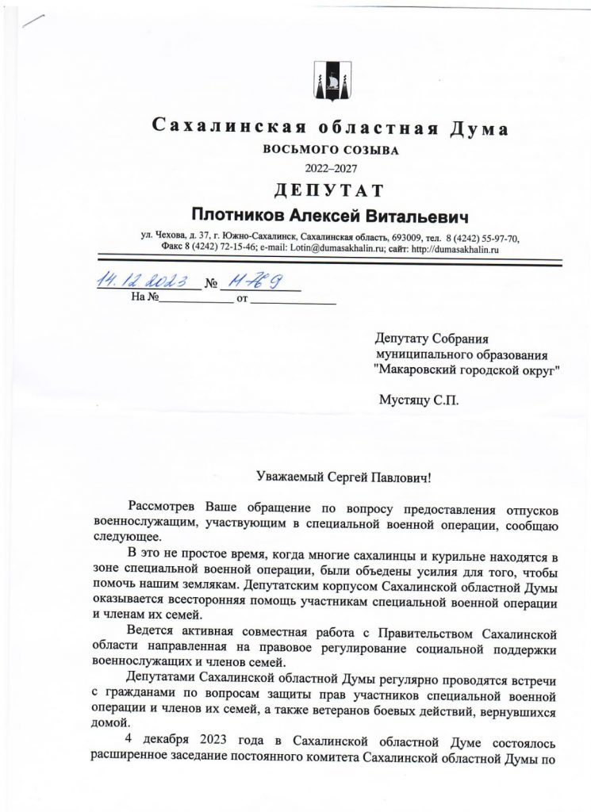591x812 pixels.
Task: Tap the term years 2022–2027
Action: pyautogui.click(x=328, y=167)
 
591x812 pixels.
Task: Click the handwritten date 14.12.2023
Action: pyautogui.click(x=148, y=282)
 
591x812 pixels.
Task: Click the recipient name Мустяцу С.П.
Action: pyautogui.click(x=419, y=400)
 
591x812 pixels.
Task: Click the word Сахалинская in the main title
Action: pyautogui.click(x=223, y=128)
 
